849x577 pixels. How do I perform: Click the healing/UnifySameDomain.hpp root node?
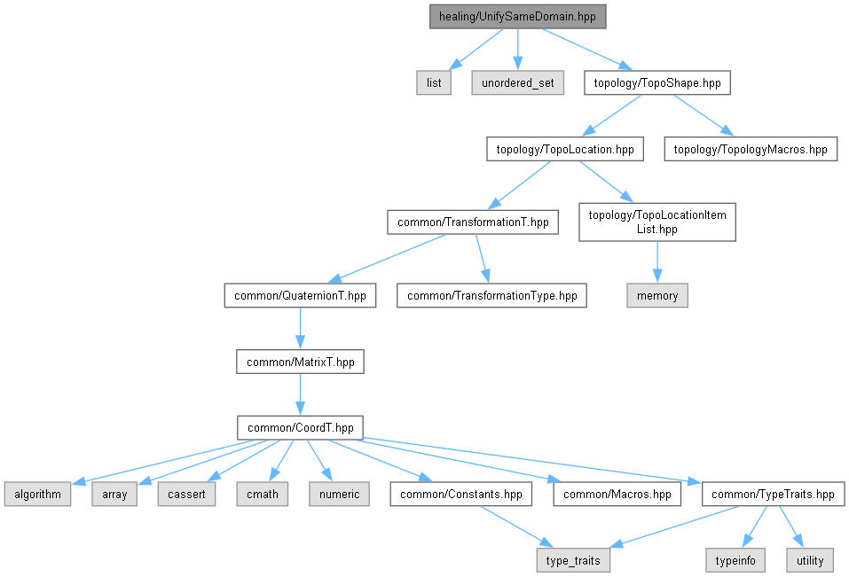pyautogui.click(x=517, y=17)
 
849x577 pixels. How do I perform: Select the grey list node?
pyautogui.click(x=434, y=82)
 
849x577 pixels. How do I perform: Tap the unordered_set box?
pyautogui.click(x=517, y=82)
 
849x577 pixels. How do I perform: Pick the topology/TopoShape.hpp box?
pyautogui.click(x=657, y=82)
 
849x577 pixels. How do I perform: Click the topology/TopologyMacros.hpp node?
pyautogui.click(x=751, y=149)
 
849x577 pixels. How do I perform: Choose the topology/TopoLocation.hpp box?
pyautogui.click(x=565, y=149)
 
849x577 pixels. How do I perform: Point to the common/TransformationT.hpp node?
pyautogui.click(x=473, y=222)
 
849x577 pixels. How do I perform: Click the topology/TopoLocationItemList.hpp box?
pyautogui.click(x=657, y=222)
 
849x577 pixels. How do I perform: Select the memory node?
pyautogui.click(x=657, y=296)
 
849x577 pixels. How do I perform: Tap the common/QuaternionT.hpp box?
pyautogui.click(x=300, y=296)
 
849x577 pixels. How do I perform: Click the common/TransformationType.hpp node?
pyautogui.click(x=491, y=296)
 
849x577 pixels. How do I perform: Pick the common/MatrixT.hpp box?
pyautogui.click(x=300, y=362)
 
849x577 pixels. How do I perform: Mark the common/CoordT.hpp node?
pyautogui.click(x=300, y=428)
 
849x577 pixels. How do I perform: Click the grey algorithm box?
pyautogui.click(x=37, y=495)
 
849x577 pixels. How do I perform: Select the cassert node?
pyautogui.click(x=186, y=495)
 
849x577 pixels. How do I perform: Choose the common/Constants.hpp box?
pyautogui.click(x=460, y=495)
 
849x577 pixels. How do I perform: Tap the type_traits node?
pyautogui.click(x=573, y=561)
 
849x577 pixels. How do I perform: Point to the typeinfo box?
pyautogui.click(x=735, y=561)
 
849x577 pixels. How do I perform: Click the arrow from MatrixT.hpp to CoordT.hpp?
pyautogui.click(x=300, y=394)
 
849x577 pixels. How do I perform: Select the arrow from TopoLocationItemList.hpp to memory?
pyautogui.click(x=657, y=262)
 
